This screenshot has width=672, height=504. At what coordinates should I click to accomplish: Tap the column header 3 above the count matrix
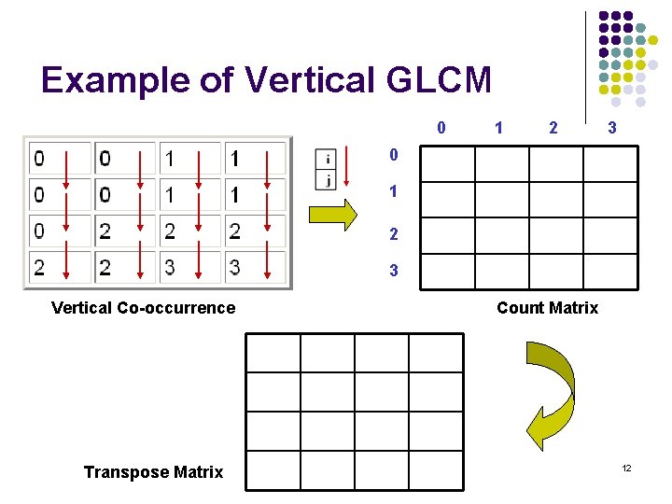point(611,128)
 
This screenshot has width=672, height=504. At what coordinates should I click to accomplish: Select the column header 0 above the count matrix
point(441,128)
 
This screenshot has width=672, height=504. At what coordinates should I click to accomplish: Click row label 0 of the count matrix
point(393,155)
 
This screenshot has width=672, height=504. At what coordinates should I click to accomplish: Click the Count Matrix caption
point(547,308)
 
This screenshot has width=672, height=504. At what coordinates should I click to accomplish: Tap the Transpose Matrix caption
point(153,472)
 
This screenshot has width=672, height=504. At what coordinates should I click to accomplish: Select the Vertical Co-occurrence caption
point(143,308)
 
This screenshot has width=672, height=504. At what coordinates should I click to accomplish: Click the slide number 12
point(626,467)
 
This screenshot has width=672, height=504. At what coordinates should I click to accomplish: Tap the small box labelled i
point(327,159)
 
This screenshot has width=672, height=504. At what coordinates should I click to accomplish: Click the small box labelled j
point(327,179)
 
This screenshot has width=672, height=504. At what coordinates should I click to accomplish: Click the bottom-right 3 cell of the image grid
point(254,268)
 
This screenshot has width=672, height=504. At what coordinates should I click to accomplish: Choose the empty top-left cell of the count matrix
point(448,163)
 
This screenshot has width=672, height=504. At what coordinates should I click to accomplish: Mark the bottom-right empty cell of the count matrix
point(610,271)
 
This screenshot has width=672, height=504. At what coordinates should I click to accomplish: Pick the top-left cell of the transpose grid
point(273,353)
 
